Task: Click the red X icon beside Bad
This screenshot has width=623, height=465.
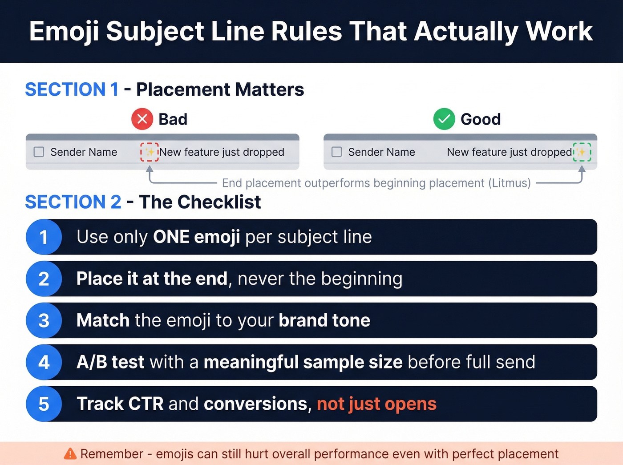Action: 142,119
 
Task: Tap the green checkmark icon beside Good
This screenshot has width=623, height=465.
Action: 444,119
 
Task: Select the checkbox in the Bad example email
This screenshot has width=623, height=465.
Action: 39,152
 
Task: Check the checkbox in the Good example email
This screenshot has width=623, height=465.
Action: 337,152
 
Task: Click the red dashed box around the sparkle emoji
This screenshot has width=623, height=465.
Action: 150,152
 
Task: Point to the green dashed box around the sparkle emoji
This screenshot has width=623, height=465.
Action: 582,152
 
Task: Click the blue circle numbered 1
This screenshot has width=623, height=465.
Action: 44,237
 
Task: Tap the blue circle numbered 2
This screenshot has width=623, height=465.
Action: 44,279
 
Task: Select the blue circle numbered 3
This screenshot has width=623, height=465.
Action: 44,320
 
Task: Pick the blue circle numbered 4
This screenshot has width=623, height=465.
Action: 44,362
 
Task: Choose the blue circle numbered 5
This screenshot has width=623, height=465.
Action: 44,404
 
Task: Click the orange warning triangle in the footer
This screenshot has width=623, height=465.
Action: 70,453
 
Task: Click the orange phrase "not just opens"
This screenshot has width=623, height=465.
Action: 376,404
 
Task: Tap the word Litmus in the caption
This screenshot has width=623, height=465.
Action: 509,183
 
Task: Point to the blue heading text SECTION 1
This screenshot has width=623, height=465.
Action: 72,89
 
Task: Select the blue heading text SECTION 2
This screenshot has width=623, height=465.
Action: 73,202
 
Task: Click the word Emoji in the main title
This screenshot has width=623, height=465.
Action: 64,32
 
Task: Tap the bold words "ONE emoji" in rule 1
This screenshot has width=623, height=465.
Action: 196,237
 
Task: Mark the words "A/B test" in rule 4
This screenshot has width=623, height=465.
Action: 110,362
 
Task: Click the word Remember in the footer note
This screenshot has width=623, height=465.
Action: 112,454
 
